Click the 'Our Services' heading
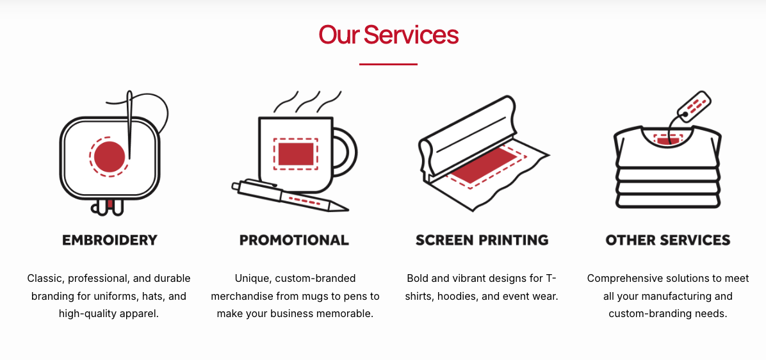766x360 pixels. [x=388, y=35]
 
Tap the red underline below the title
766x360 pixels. [x=388, y=64]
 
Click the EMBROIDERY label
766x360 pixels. [x=110, y=240]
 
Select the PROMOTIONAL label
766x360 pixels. [x=294, y=240]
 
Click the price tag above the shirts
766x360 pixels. [x=695, y=104]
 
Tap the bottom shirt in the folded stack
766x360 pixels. [x=668, y=200]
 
